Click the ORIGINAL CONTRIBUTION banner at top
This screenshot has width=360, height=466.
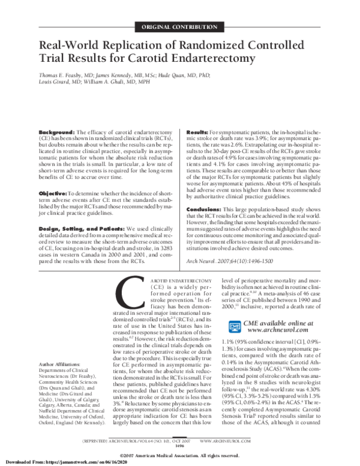(180, 28)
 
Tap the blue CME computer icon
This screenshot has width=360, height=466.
(235, 327)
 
